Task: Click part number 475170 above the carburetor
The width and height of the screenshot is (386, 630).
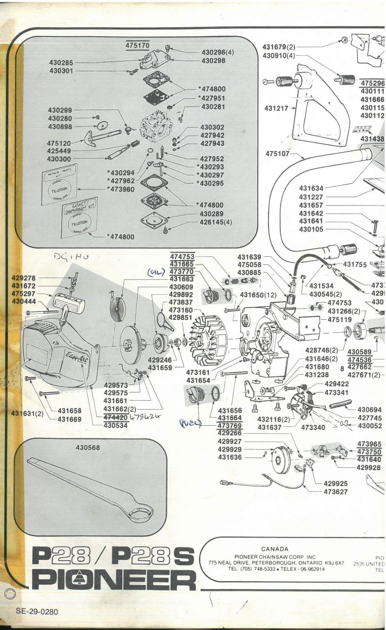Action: tap(137, 45)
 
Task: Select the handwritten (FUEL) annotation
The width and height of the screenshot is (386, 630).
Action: tap(190, 424)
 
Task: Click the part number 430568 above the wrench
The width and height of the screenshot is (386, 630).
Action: tap(88, 448)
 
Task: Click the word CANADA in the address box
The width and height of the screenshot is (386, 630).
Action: tap(275, 549)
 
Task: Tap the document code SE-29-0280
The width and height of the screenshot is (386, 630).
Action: tap(37, 611)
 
